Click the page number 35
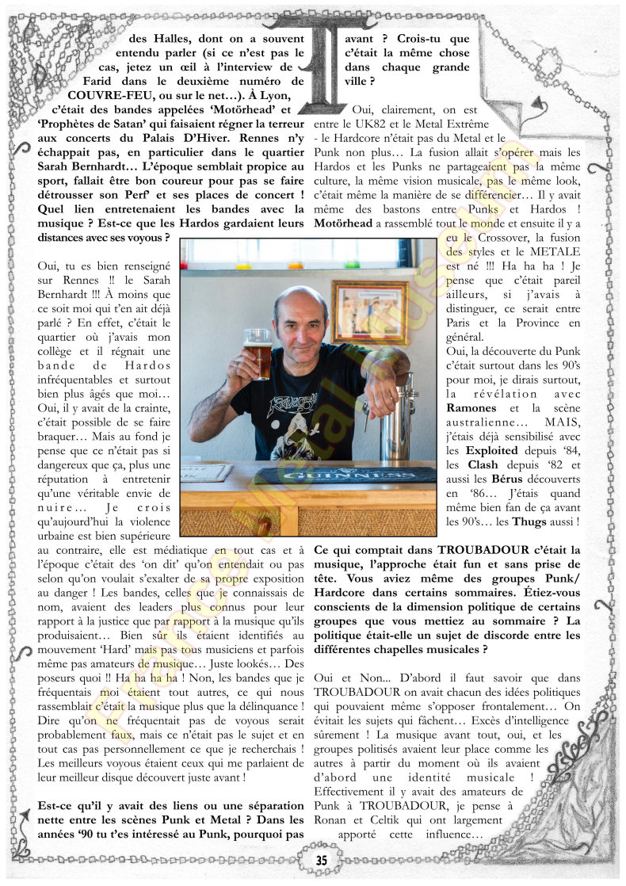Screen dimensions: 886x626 tap(321, 861)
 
